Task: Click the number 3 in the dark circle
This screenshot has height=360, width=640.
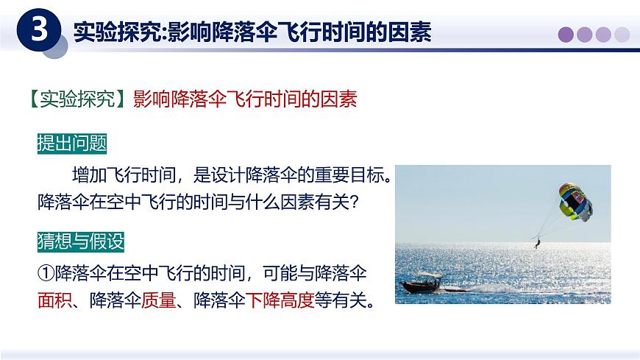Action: coord(42,31)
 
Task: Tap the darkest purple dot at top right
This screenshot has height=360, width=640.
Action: coord(566,34)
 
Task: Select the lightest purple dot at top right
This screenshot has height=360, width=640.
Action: coord(622,34)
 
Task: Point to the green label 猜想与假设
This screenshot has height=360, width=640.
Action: coord(81,241)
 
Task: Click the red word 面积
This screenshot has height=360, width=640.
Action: coord(53,300)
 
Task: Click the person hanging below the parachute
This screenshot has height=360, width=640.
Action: coord(536,241)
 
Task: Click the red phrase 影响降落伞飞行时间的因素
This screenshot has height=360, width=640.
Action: coord(245,99)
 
